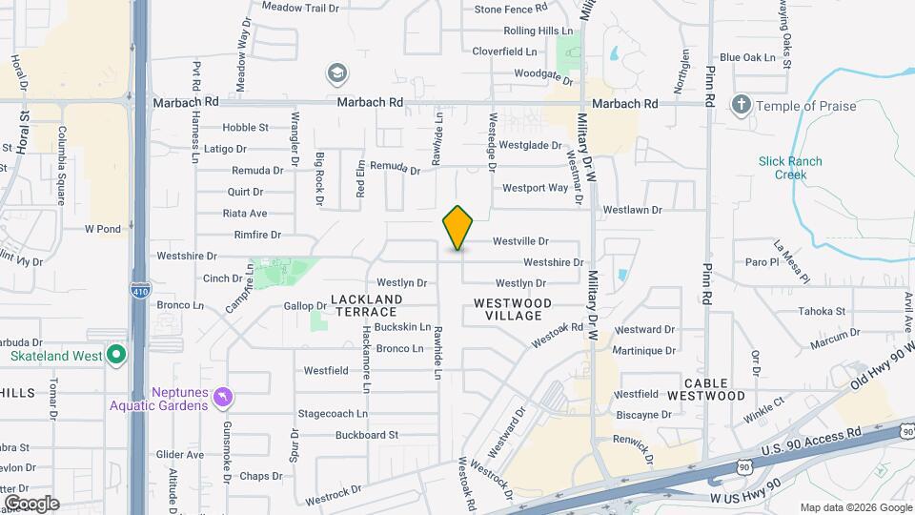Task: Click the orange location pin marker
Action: coord(458,227)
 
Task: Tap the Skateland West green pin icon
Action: coord(116,357)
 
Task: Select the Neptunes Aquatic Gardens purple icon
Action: coord(222,395)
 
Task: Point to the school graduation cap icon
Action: coord(335,73)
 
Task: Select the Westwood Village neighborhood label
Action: coord(512,309)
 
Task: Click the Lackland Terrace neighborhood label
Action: coord(364,305)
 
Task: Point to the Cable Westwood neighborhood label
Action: coord(705,388)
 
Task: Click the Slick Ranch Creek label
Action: coord(790,168)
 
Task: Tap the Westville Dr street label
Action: coord(520,242)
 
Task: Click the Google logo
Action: coord(31,504)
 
